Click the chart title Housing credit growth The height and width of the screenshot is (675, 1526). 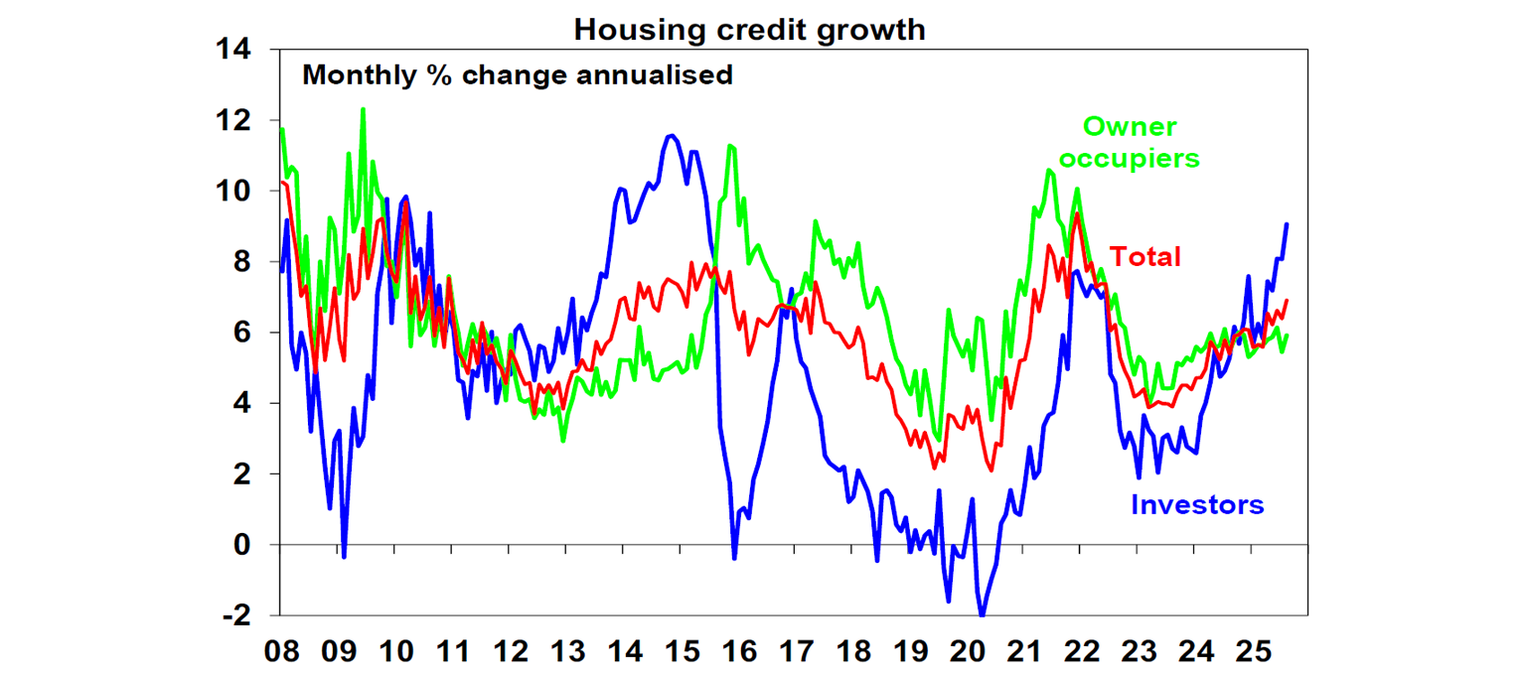click(x=749, y=30)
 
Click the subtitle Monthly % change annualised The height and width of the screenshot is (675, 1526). click(x=518, y=74)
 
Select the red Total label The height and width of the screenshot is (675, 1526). click(x=1144, y=257)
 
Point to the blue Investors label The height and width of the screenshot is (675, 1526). click(x=1197, y=504)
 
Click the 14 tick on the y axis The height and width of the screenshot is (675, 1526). click(x=234, y=50)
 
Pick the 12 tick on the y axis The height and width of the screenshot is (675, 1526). click(x=234, y=120)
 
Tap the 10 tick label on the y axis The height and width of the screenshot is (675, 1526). click(x=234, y=191)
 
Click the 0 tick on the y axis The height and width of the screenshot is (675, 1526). click(x=244, y=545)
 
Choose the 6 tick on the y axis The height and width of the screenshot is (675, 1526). click(x=244, y=333)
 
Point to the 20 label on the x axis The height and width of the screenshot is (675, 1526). click(x=966, y=653)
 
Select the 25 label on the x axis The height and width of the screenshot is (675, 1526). click(x=1251, y=653)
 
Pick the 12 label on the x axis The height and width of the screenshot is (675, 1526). click(x=510, y=653)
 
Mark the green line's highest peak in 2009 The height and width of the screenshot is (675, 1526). click(x=363, y=108)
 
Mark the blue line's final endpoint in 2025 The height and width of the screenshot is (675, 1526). click(x=1287, y=224)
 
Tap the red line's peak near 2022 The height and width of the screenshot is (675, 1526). click(x=1076, y=213)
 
